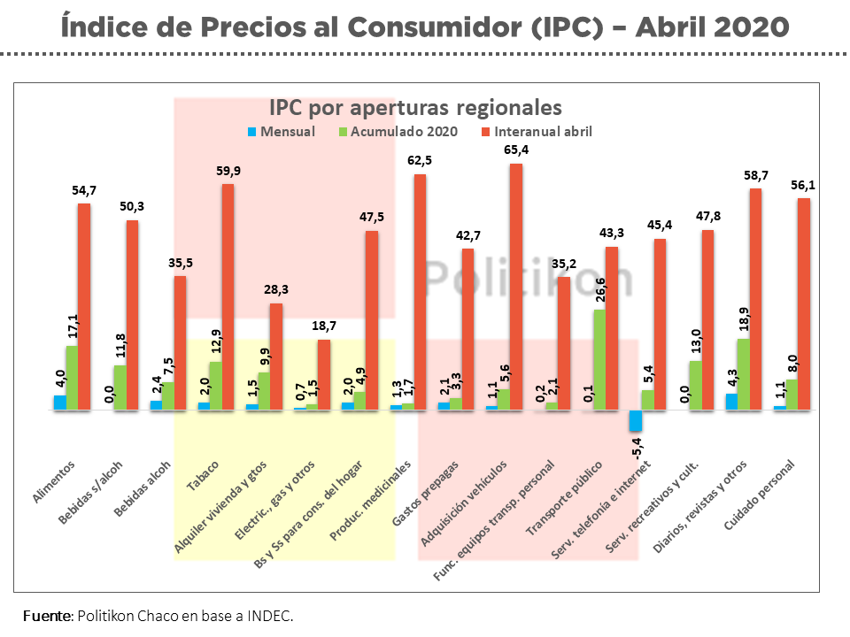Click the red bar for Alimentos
click(x=84, y=307)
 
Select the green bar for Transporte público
click(x=599, y=359)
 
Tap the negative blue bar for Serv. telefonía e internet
click(x=635, y=420)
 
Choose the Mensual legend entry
click(x=281, y=132)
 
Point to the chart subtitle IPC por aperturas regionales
click(x=416, y=108)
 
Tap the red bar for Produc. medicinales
click(x=420, y=292)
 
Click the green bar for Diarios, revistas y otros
click(x=743, y=374)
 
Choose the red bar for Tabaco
click(x=228, y=296)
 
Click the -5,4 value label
click(x=635, y=446)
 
